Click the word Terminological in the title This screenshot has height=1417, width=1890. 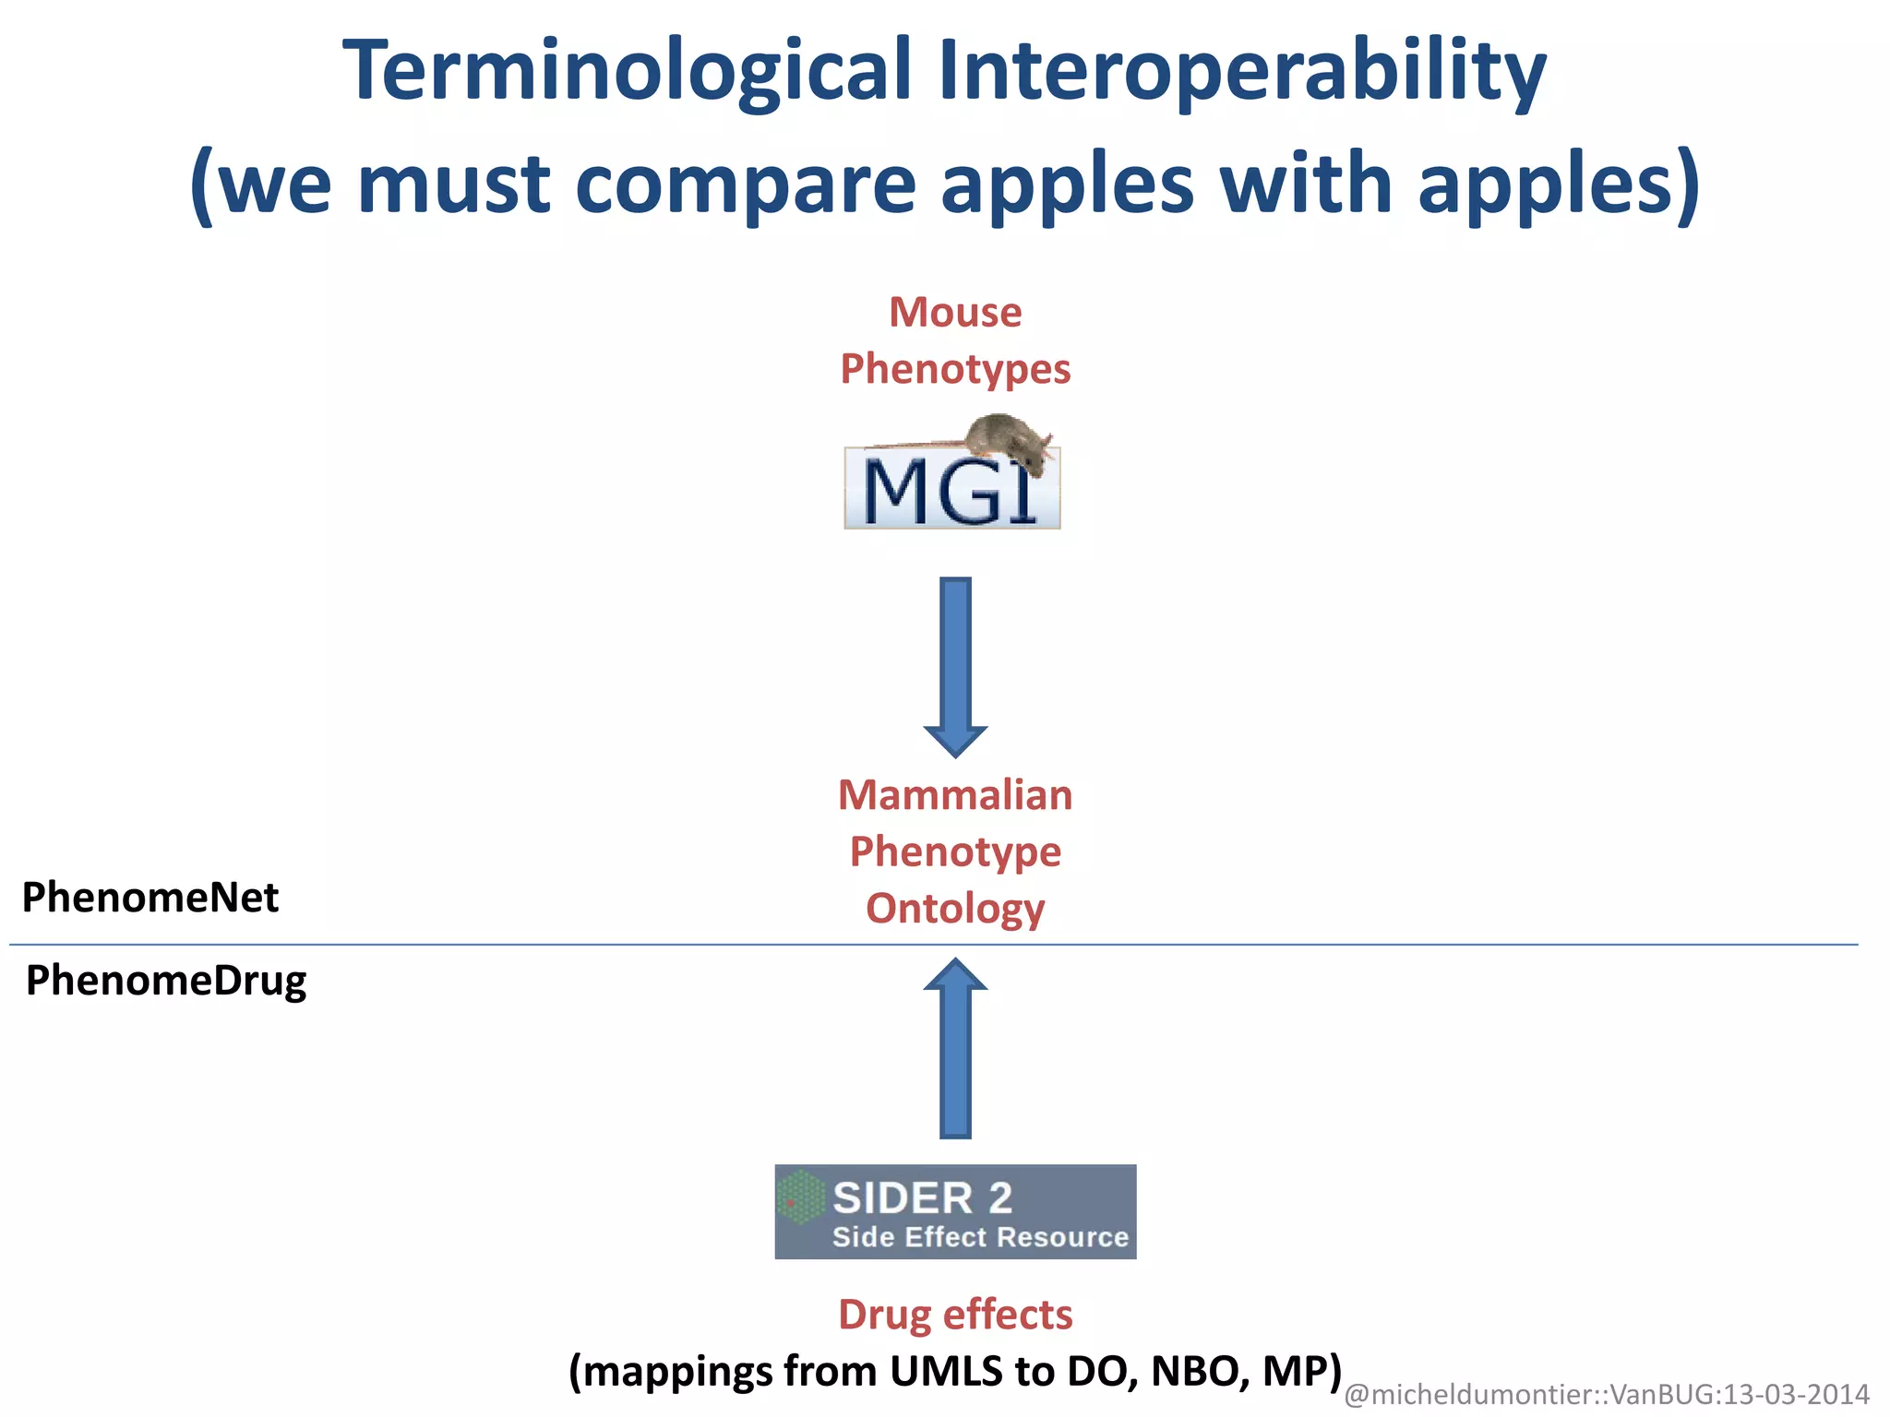point(627,72)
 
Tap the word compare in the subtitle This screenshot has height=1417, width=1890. point(744,185)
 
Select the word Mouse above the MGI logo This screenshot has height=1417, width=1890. point(955,313)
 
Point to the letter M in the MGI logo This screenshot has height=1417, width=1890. point(893,494)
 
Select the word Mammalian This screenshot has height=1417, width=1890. point(955,795)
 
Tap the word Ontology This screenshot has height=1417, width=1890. point(955,909)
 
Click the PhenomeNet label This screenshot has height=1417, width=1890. point(150,898)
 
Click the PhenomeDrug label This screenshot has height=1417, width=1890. point(166,981)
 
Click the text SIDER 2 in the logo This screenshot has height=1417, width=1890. point(922,1198)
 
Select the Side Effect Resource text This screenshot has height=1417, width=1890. point(980,1237)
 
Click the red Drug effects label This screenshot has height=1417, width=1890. point(955,1315)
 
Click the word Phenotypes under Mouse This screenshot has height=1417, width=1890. point(955,369)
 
